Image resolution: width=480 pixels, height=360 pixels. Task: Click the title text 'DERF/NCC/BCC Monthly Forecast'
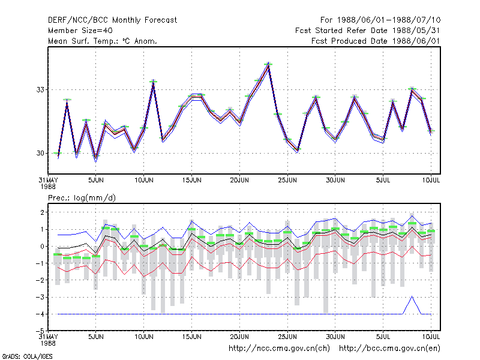point(112,20)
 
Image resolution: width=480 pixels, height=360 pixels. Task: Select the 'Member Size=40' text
point(80,31)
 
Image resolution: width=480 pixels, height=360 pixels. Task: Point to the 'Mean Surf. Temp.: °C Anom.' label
point(103,41)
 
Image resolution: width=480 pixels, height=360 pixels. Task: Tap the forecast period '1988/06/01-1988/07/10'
point(389,20)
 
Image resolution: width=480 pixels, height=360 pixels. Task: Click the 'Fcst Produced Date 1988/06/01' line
point(376,41)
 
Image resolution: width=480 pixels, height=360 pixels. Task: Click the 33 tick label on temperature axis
point(40,89)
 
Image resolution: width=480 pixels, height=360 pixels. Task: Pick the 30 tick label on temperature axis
point(40,153)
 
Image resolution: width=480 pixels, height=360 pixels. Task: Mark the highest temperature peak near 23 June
point(268,64)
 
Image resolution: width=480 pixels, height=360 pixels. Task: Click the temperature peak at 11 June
point(154,81)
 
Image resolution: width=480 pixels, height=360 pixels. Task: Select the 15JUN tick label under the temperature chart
point(191,180)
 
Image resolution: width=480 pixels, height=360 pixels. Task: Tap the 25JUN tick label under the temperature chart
point(287,180)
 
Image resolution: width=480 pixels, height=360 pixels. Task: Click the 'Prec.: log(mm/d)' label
point(82,198)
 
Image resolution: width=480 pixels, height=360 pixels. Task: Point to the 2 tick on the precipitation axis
point(42,212)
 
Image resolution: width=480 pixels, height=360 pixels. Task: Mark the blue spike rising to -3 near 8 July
point(412,296)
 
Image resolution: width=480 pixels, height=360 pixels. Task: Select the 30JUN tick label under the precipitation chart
point(335,337)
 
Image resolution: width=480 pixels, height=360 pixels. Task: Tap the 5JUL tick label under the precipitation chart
point(383,337)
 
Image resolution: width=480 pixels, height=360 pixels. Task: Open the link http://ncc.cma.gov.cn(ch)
point(279,349)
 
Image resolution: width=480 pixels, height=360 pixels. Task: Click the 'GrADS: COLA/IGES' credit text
point(27,356)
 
